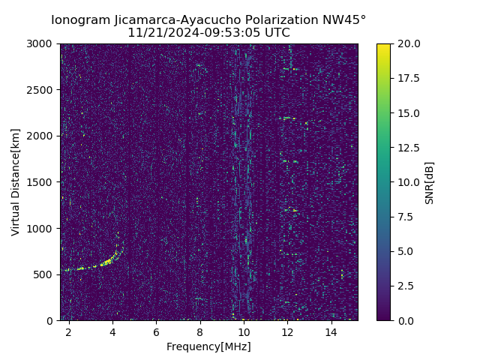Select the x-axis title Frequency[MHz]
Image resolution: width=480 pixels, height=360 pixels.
click(208, 346)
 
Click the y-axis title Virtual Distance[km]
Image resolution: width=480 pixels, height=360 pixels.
click(16, 182)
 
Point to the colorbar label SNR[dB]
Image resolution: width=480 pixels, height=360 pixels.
click(430, 182)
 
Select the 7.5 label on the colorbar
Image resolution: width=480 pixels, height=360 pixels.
click(405, 217)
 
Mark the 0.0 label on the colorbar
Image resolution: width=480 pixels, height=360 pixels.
click(405, 320)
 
